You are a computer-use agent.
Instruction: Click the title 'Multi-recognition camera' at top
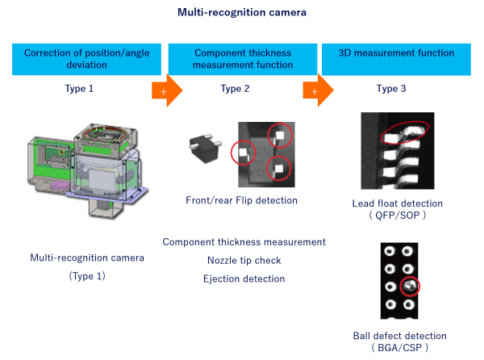tap(241, 13)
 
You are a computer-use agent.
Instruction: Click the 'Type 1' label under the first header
tap(79, 89)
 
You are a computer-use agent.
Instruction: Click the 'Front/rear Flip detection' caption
tap(240, 200)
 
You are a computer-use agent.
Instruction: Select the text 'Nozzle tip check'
tap(243, 260)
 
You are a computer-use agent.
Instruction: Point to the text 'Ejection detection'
tap(243, 278)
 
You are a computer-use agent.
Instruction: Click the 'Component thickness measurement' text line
tap(243, 241)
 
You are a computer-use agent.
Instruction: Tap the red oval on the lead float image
tap(407, 134)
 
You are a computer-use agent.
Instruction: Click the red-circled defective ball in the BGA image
tap(411, 286)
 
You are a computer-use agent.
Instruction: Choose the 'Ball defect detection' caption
tap(398, 335)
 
